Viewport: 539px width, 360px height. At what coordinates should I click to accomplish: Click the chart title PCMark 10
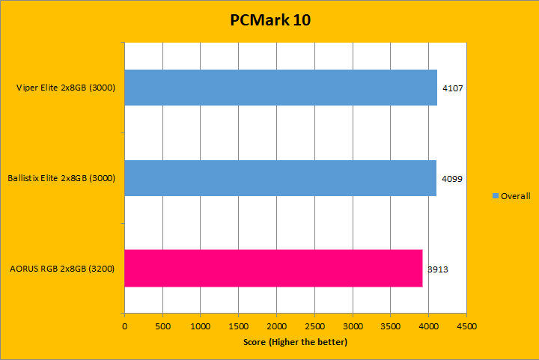point(269,20)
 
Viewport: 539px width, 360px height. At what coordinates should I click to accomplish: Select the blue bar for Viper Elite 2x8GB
point(281,88)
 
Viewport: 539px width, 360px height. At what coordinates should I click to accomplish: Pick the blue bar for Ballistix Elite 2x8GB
point(280,178)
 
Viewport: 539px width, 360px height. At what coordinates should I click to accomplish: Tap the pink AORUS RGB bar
point(273,268)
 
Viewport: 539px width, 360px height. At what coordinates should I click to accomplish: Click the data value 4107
point(453,88)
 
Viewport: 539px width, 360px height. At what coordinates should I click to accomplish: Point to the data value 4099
point(452,179)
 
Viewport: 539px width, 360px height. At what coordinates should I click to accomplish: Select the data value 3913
point(438,269)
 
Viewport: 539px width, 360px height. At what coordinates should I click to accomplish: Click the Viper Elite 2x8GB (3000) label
point(65,88)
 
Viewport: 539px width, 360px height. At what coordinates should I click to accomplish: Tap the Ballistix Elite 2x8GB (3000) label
point(61,178)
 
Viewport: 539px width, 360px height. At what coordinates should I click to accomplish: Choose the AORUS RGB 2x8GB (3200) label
point(62,268)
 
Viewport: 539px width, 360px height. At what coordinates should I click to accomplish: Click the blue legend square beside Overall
point(496,196)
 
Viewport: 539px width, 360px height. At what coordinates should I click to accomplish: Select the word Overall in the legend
point(516,196)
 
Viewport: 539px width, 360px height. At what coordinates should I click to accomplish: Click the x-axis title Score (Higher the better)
point(295,342)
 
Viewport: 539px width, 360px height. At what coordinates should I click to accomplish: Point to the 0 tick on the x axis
point(124,327)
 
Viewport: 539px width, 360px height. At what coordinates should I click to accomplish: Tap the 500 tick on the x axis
point(162,327)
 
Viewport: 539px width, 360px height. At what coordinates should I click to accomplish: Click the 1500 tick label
point(238,327)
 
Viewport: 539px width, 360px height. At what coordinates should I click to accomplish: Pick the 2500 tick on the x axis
point(314,327)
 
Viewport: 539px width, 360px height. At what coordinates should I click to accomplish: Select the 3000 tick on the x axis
point(353,327)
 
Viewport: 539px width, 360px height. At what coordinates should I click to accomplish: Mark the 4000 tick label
point(428,327)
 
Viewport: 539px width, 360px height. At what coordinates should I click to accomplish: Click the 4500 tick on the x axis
point(466,327)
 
